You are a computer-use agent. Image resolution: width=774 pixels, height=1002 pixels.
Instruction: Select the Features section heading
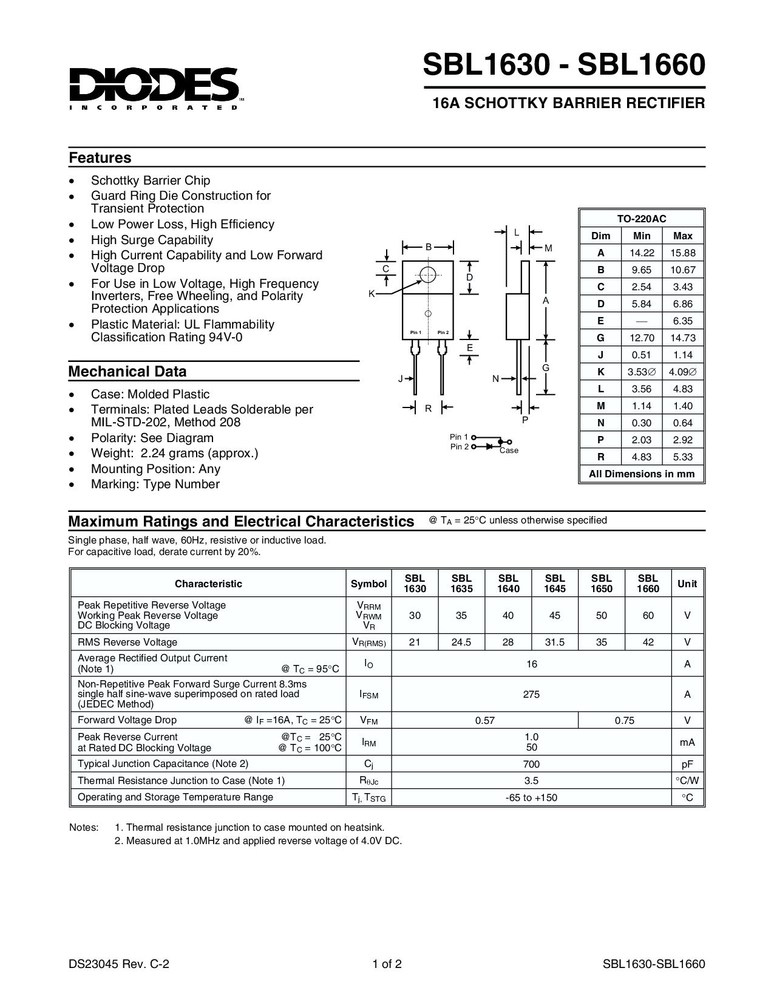pos(100,158)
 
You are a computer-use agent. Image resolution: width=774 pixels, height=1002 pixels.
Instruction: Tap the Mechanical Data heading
pos(127,372)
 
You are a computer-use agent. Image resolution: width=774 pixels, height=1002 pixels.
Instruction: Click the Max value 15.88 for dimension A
pos(682,253)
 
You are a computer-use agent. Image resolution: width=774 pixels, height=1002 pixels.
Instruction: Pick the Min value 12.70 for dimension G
pos(642,338)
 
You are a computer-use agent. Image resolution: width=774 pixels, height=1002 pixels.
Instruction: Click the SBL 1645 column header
pos(555,584)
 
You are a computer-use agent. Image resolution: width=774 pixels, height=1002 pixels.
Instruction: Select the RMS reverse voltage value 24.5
pos(461,642)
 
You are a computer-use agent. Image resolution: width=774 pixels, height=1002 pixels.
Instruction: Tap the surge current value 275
pos(531,694)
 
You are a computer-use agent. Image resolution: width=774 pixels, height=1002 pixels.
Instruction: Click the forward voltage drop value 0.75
pos(624,721)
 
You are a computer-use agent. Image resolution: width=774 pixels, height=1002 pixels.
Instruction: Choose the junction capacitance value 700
pos(531,765)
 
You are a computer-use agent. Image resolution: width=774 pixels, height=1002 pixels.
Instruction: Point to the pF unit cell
pos(687,765)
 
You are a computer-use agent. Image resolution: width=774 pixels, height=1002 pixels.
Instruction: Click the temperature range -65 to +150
pos(531,798)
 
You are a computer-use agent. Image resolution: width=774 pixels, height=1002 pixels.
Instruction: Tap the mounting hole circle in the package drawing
pos(428,274)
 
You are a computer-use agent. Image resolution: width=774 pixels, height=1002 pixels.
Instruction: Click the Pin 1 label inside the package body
pos(415,333)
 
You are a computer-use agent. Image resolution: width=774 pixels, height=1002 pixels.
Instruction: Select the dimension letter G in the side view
pos(546,368)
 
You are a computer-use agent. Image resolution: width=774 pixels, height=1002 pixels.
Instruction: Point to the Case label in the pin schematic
pos(509,451)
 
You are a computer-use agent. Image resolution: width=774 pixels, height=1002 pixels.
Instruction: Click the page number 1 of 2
pos(388,964)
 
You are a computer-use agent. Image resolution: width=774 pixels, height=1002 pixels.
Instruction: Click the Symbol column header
pos(368,584)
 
